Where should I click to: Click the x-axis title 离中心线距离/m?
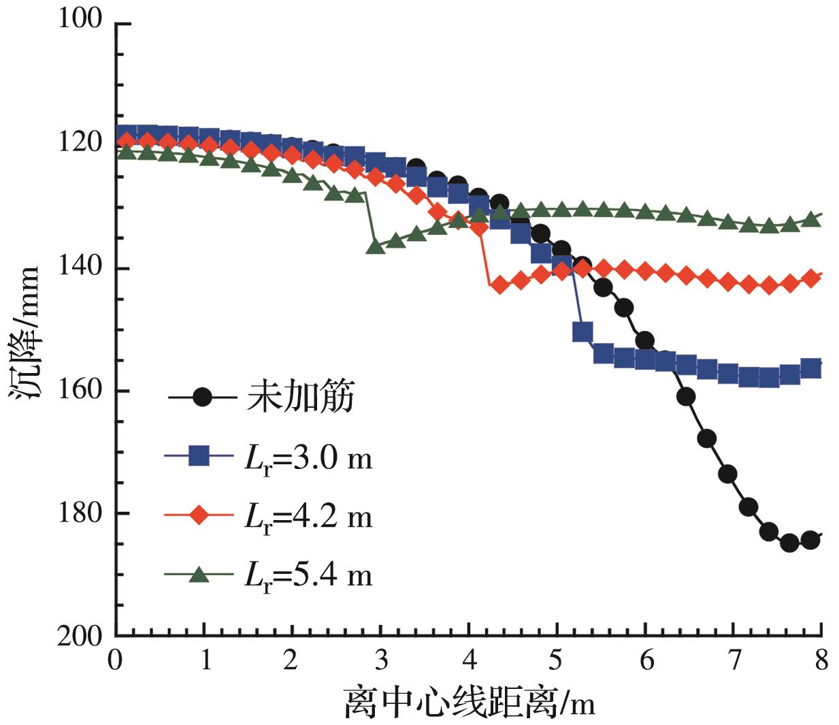pos(470,702)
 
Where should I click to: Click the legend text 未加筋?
pos(299,398)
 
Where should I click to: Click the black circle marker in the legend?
pos(201,398)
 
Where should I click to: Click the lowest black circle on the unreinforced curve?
pos(789,543)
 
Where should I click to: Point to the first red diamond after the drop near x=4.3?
pos(499,285)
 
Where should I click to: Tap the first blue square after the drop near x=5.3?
pos(582,332)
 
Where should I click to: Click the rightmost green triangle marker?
pos(811,219)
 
